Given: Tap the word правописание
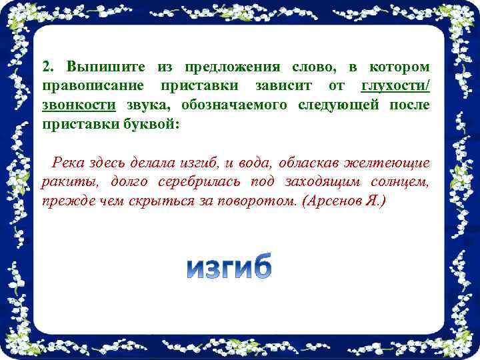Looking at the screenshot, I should (93, 87).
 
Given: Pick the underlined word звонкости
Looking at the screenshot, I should (79, 105).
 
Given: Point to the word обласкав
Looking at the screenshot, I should (309, 163).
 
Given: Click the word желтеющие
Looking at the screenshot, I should (390, 163).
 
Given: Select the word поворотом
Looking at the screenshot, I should (251, 200).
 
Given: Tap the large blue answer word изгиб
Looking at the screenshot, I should (229, 266).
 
